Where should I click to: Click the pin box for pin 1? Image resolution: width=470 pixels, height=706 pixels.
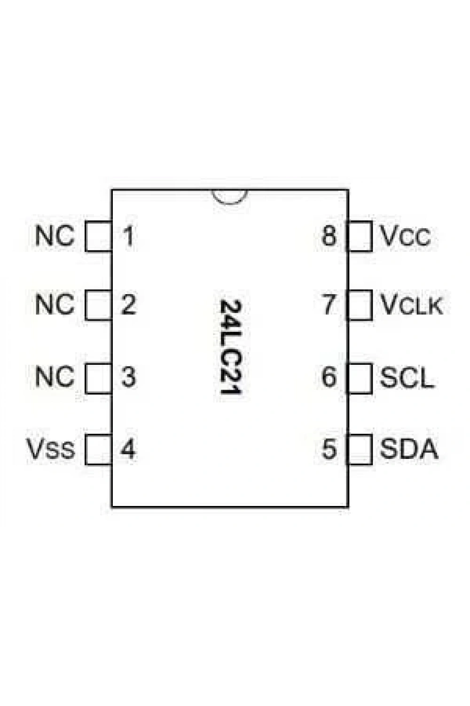pyautogui.click(x=99, y=236)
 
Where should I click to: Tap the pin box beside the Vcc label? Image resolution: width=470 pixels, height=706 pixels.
pyautogui.click(x=359, y=236)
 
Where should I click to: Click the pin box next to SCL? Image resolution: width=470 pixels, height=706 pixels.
pyautogui.click(x=359, y=378)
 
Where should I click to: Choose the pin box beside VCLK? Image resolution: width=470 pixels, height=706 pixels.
pyautogui.click(x=359, y=305)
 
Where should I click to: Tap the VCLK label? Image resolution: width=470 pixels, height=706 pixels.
pyautogui.click(x=412, y=305)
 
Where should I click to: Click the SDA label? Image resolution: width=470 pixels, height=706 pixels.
pyautogui.click(x=409, y=449)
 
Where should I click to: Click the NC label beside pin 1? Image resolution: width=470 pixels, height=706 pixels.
pyautogui.click(x=55, y=236)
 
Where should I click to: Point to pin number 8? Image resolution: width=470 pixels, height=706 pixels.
pyautogui.click(x=329, y=236)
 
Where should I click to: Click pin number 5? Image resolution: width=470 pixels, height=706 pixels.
pyautogui.click(x=329, y=449)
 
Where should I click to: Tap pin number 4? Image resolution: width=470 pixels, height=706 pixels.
pyautogui.click(x=128, y=449)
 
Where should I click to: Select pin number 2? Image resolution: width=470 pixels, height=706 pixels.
pyautogui.click(x=128, y=305)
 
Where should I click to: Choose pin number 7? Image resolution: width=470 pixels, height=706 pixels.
pyautogui.click(x=329, y=305)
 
